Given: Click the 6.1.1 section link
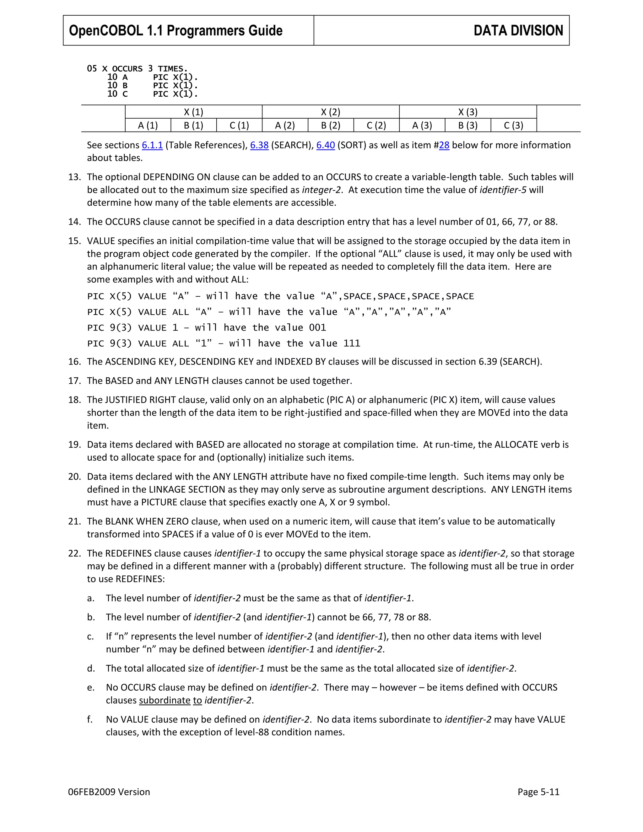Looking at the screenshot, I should (152, 145).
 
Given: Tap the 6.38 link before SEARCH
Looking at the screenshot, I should (259, 145).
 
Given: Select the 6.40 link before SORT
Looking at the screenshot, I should (325, 145).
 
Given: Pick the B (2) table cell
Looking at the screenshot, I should (330, 125).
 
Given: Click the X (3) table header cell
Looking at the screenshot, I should (467, 112).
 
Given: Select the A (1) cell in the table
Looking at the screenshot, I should (148, 125).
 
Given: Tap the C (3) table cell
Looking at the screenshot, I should (513, 125).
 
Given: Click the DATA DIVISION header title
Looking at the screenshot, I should (518, 30).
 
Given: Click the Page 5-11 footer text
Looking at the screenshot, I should (538, 792).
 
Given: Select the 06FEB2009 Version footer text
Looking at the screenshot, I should (109, 792).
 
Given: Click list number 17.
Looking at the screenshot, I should (74, 381).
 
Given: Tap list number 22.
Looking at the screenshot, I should (74, 553).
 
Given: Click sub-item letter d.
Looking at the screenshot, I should (91, 668).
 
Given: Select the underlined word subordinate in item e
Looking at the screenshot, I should (165, 700).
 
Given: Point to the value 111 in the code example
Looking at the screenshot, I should (351, 343).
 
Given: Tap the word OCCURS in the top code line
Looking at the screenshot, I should (127, 69).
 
